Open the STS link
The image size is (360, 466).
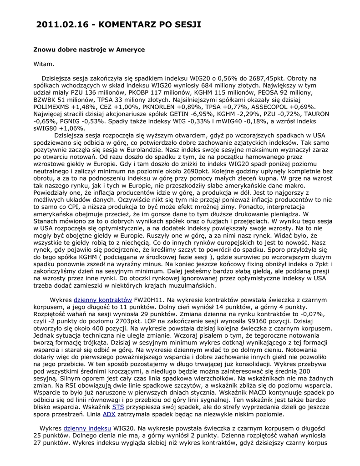click(x=118, y=407)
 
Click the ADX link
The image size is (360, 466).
click(x=109, y=414)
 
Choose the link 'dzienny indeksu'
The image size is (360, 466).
click(x=87, y=429)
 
